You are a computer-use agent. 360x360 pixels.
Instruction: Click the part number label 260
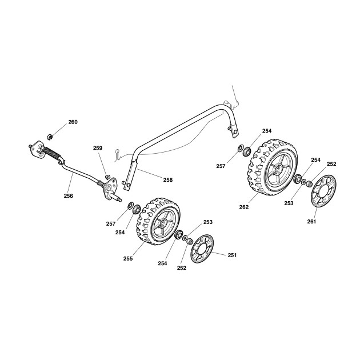73,122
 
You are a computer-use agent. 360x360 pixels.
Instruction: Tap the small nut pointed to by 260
50,137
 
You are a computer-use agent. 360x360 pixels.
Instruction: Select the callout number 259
98,148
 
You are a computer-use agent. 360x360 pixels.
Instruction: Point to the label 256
69,196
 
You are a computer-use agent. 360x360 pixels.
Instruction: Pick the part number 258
168,180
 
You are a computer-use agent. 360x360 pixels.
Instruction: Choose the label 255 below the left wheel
128,258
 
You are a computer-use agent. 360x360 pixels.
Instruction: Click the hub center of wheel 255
163,222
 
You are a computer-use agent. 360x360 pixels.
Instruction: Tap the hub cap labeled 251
202,249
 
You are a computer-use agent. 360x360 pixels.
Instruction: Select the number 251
232,255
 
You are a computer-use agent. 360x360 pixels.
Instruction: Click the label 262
244,207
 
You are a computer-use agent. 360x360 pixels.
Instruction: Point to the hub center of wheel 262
279,169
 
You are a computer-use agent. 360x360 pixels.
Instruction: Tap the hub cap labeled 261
323,191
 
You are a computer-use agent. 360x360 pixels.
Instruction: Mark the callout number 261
311,222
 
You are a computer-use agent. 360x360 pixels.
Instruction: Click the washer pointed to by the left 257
131,205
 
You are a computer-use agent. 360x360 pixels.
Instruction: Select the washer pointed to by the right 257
241,148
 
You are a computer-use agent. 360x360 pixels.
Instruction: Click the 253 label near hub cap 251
208,222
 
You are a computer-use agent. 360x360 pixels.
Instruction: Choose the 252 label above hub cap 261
331,164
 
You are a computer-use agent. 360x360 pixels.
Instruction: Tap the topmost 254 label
267,131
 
